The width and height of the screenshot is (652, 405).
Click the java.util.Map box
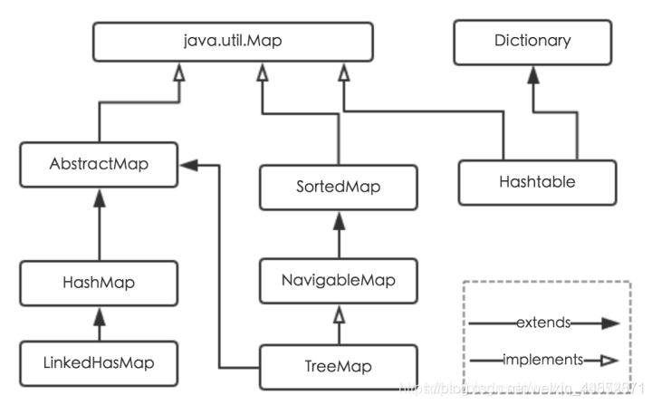point(232,41)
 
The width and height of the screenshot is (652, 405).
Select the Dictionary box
point(532,41)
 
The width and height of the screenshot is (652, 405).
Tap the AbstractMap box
point(100,166)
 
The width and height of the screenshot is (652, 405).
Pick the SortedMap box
point(338,188)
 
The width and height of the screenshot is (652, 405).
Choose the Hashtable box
point(536,182)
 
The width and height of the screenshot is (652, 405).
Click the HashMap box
point(100,283)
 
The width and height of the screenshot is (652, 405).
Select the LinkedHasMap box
point(100,363)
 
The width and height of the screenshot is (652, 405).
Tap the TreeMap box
point(338,366)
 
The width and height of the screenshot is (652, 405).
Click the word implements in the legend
point(541,360)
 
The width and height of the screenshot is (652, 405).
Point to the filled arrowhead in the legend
point(609,323)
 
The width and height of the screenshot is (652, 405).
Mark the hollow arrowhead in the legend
point(609,361)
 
